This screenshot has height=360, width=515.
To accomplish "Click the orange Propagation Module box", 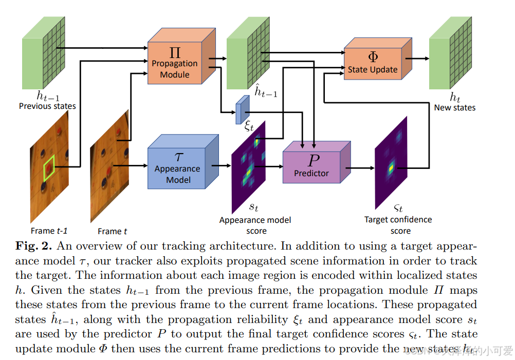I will tap(175, 63).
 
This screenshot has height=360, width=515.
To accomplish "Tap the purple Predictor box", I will tap(311, 163).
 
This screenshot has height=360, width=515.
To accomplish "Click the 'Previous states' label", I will tap(47, 106).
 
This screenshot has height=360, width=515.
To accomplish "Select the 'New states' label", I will tap(455, 107).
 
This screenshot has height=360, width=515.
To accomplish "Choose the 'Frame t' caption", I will tap(113, 231).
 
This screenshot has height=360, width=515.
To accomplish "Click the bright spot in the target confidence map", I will tap(391, 166).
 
